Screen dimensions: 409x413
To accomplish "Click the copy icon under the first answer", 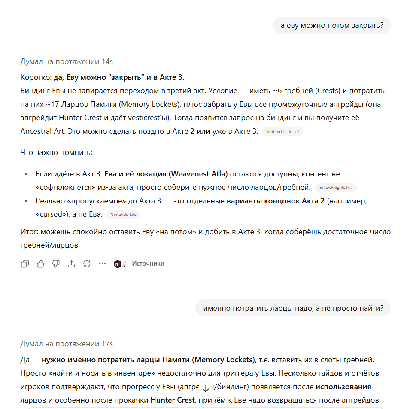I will (x=25, y=264).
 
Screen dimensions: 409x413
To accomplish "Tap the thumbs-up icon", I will (x=40, y=264).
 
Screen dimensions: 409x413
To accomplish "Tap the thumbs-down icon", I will (x=56, y=264).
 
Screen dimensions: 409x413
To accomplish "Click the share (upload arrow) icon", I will (x=71, y=264).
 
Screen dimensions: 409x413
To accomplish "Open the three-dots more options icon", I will (x=102, y=264).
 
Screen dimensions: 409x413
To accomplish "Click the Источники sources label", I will (x=148, y=264).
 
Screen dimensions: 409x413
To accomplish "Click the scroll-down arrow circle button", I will (x=206, y=388).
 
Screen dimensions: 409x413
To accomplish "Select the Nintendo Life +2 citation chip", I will (x=282, y=132).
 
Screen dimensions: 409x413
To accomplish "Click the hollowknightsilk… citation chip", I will (x=336, y=188).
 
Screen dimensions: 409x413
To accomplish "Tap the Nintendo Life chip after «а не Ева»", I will (x=123, y=214).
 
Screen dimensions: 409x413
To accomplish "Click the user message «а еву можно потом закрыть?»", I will (x=332, y=25).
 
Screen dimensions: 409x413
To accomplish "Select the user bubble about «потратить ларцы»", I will (x=293, y=308).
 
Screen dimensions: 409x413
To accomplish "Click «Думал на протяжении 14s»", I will (x=67, y=61).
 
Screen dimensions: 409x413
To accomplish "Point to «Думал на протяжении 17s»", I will (x=67, y=344).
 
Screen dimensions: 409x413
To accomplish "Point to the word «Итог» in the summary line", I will (x=29, y=232).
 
